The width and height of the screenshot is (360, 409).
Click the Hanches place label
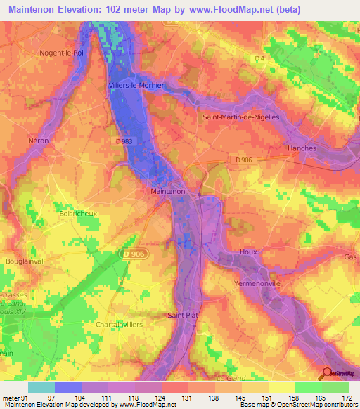click(x=302, y=148)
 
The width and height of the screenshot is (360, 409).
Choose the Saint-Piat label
click(x=183, y=316)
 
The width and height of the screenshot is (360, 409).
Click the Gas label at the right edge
click(x=350, y=257)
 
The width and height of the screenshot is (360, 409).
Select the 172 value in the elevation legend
click(x=345, y=398)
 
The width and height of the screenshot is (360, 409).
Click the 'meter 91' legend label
click(x=15, y=398)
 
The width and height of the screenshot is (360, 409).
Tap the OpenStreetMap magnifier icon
click(x=328, y=374)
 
